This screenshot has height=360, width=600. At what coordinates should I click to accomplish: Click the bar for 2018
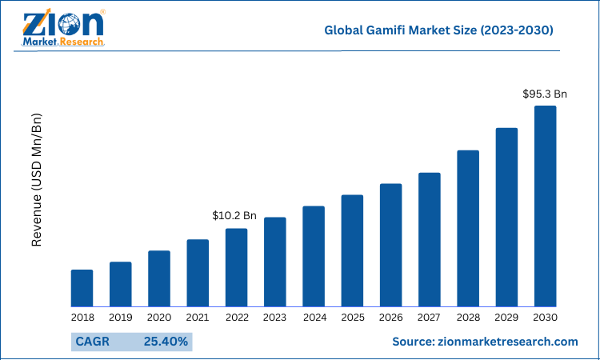[82, 288]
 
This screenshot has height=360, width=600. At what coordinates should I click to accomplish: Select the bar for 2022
[236, 267]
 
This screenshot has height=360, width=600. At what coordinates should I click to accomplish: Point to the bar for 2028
[468, 228]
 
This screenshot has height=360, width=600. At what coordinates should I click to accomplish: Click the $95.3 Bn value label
[545, 94]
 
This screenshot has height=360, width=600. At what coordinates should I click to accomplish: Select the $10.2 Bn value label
[234, 215]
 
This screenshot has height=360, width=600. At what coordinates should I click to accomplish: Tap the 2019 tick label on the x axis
[120, 318]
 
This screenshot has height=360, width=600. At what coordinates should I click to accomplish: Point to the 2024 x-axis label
[314, 318]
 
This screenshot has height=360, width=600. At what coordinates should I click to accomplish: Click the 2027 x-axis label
[430, 318]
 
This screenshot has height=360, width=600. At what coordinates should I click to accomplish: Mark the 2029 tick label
[506, 318]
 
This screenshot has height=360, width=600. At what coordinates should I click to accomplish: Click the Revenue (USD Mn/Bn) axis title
[36, 180]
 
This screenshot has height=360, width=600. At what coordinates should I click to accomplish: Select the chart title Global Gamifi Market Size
[438, 30]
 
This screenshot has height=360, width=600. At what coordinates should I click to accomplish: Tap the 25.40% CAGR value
[166, 342]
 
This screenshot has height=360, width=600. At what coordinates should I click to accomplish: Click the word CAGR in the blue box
[91, 342]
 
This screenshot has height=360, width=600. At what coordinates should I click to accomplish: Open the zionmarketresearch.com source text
[485, 342]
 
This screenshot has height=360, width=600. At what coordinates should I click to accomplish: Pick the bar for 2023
[275, 262]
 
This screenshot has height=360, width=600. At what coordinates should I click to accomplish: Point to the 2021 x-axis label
[198, 318]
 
